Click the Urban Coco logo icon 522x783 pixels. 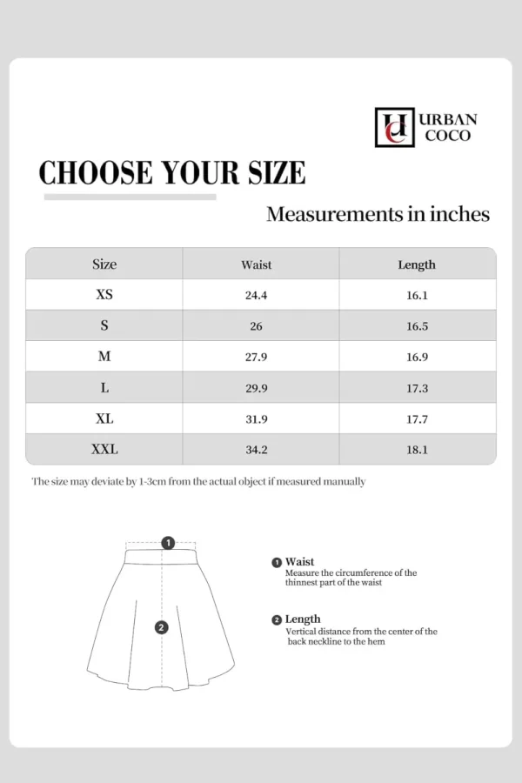click(394, 127)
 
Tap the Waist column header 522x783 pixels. click(257, 264)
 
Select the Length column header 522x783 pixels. click(417, 264)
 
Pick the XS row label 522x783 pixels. click(104, 295)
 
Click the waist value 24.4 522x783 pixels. click(257, 296)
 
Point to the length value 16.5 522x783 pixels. click(417, 326)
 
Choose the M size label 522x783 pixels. click(104, 357)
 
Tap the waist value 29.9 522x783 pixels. click(257, 388)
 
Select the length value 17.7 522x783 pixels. click(417, 418)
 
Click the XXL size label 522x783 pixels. click(104, 450)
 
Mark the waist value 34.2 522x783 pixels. click(257, 450)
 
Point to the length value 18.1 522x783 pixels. click(417, 450)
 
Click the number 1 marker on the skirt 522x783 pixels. click(169, 543)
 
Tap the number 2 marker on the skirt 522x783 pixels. click(161, 626)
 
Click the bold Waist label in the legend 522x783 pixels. click(300, 562)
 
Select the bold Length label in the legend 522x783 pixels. click(303, 619)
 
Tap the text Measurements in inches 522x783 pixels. click(378, 214)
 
